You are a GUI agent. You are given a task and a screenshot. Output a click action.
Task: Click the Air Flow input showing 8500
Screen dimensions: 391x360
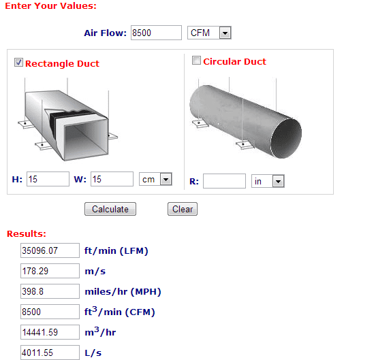(x=156, y=33)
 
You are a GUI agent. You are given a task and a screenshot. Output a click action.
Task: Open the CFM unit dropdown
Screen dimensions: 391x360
(x=209, y=33)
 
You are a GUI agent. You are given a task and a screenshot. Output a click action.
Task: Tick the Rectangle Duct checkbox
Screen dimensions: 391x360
(x=18, y=63)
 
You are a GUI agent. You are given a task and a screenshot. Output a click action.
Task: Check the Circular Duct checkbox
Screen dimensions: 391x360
(x=196, y=61)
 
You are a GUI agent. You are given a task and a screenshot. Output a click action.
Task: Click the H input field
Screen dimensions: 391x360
(x=48, y=179)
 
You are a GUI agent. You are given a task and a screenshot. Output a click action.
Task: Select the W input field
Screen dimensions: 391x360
(x=112, y=179)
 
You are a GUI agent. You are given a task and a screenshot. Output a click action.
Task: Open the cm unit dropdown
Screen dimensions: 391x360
(x=155, y=179)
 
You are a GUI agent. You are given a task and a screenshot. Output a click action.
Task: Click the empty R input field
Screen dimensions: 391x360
(x=224, y=181)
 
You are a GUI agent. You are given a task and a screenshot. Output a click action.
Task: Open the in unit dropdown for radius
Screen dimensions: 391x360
(x=268, y=181)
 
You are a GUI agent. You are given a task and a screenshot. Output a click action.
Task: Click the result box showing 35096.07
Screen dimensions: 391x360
(x=50, y=250)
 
